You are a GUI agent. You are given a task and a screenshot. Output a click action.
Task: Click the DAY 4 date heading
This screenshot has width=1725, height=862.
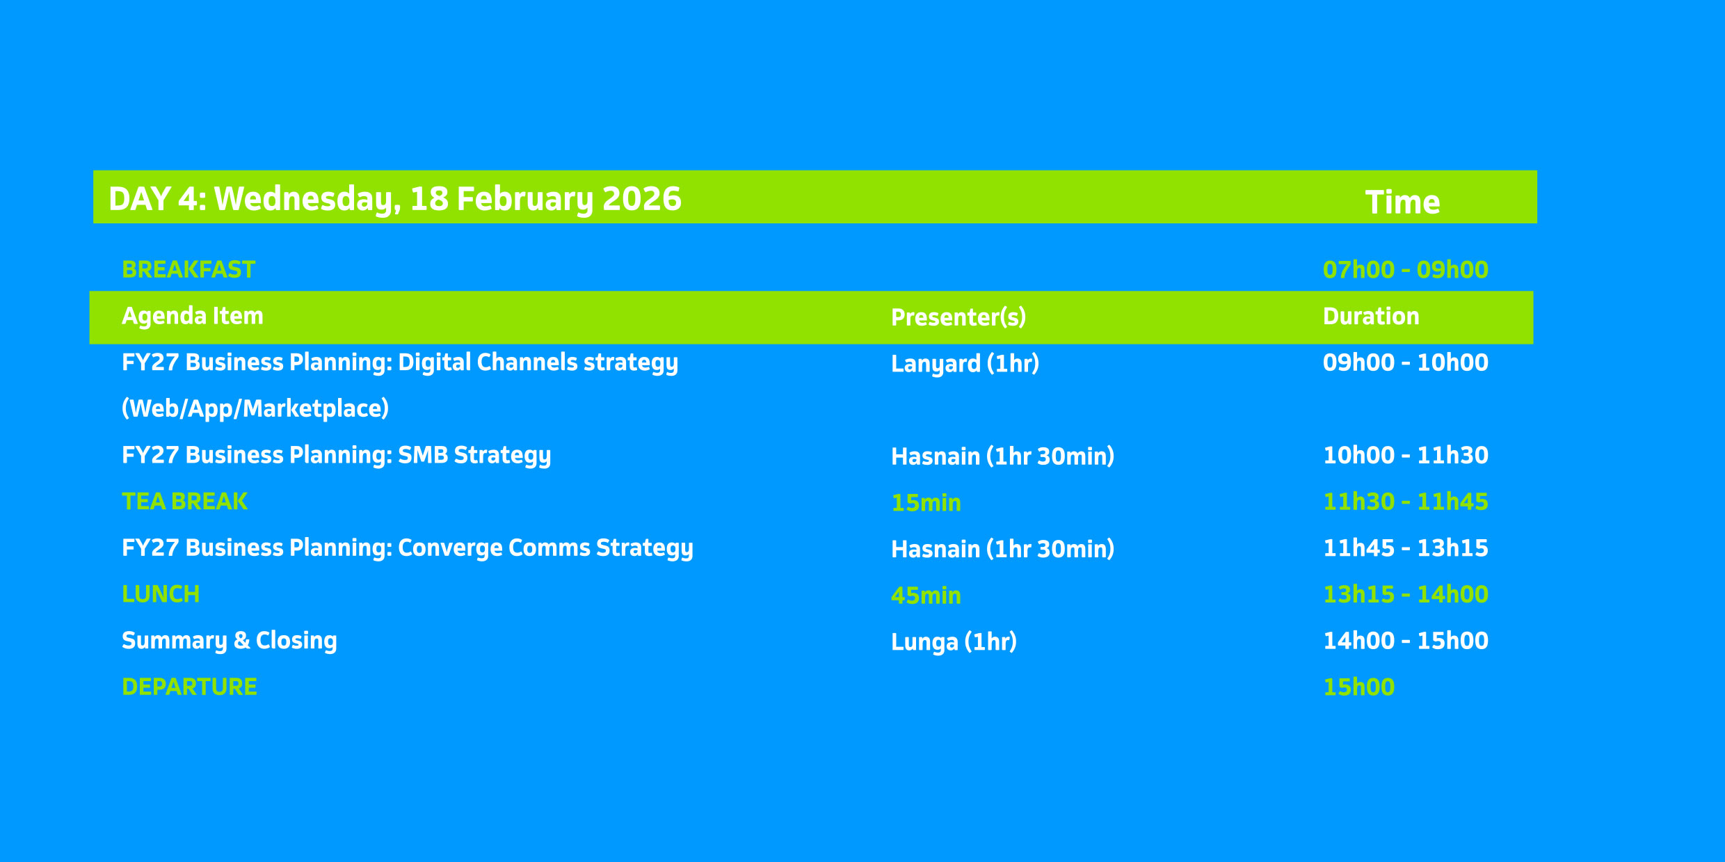[395, 200]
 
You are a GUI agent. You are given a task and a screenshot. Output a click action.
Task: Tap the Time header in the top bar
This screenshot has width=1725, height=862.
[1402, 202]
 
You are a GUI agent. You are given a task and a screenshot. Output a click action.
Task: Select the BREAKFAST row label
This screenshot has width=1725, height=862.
[188, 270]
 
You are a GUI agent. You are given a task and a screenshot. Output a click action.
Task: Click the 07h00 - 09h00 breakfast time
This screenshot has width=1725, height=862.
[1405, 270]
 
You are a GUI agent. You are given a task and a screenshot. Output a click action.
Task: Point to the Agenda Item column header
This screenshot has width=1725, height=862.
[193, 316]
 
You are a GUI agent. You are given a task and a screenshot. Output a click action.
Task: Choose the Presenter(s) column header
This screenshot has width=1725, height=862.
[958, 317]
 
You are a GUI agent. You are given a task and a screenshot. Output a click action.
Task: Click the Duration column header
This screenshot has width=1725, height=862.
[1371, 317]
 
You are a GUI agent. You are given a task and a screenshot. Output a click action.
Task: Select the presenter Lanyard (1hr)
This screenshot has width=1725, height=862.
[965, 364]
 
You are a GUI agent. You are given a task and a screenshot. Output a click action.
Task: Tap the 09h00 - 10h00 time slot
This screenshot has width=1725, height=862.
[1405, 362]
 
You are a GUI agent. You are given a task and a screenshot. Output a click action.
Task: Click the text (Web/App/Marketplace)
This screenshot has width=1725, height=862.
[255, 408]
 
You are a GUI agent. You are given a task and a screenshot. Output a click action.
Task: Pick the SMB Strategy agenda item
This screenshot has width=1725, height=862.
[337, 456]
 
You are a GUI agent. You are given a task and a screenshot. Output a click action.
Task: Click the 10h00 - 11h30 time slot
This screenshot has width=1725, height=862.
[1405, 456]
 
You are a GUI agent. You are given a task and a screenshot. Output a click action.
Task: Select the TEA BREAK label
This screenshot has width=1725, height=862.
[184, 502]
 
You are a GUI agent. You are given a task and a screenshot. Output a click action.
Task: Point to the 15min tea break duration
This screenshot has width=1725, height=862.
[926, 503]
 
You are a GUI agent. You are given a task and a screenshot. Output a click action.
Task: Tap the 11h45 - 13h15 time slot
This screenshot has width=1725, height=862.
[1405, 548]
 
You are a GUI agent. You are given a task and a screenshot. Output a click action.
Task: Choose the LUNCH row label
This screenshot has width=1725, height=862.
[161, 594]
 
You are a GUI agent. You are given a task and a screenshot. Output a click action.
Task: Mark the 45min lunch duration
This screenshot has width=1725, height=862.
[926, 596]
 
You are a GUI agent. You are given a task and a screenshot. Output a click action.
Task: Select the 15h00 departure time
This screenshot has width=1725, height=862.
[1358, 687]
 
